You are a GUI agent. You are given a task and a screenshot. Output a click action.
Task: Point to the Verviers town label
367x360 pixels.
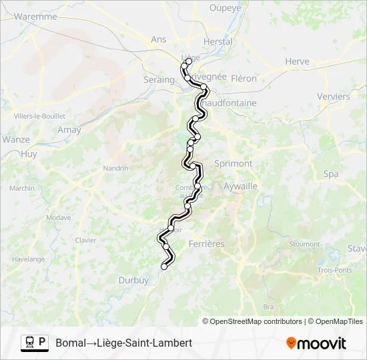tap(334, 97)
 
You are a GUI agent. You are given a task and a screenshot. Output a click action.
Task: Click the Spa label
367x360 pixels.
tap(330, 174)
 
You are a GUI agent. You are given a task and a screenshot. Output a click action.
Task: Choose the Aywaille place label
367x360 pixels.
tap(240, 187)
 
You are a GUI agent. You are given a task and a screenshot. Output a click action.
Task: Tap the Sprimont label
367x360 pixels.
tap(234, 163)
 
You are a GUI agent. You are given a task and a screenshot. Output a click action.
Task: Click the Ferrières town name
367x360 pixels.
tap(207, 244)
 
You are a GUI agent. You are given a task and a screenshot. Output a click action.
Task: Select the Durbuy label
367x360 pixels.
tap(133, 281)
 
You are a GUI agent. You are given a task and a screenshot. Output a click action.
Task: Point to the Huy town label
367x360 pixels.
tap(29, 153)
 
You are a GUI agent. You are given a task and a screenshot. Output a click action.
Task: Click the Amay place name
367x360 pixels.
tap(69, 130)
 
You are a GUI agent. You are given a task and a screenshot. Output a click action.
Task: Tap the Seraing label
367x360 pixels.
tap(158, 79)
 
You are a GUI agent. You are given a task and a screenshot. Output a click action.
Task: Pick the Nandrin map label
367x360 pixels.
tap(115, 169)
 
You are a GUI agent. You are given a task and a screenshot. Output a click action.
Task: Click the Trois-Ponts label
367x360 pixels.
tap(334, 270)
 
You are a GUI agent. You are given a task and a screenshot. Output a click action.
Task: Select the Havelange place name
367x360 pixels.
tap(28, 259)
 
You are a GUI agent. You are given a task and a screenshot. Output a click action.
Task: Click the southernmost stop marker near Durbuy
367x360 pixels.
tap(164, 267)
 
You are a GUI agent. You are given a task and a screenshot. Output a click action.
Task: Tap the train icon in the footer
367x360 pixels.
tap(29, 342)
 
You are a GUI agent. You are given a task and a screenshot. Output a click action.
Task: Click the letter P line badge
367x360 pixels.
tap(42, 342)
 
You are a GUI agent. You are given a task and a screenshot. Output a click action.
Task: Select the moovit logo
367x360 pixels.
tap(316, 343)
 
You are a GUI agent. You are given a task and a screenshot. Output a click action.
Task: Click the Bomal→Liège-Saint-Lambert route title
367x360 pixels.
tap(124, 343)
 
